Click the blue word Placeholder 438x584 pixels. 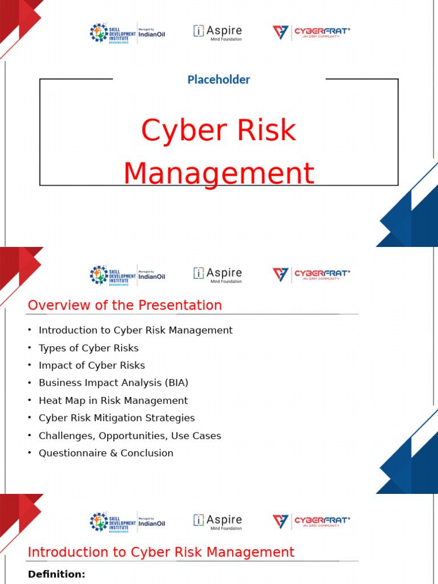click(218, 80)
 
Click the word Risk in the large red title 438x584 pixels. click(267, 131)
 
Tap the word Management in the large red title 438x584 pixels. click(218, 174)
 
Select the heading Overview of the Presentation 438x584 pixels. click(125, 305)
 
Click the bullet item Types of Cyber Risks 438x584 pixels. click(88, 348)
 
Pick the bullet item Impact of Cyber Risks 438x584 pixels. click(92, 366)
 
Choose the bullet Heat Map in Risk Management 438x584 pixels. click(113, 400)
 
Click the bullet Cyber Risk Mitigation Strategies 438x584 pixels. click(116, 418)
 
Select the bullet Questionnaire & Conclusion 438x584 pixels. click(106, 453)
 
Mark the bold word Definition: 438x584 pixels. click(56, 574)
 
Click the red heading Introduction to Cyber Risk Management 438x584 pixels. click(161, 552)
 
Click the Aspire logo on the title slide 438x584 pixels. click(217, 33)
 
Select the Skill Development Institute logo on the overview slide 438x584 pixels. click(112, 275)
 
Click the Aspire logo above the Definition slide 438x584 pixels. click(217, 522)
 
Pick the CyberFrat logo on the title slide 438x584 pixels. click(311, 33)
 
